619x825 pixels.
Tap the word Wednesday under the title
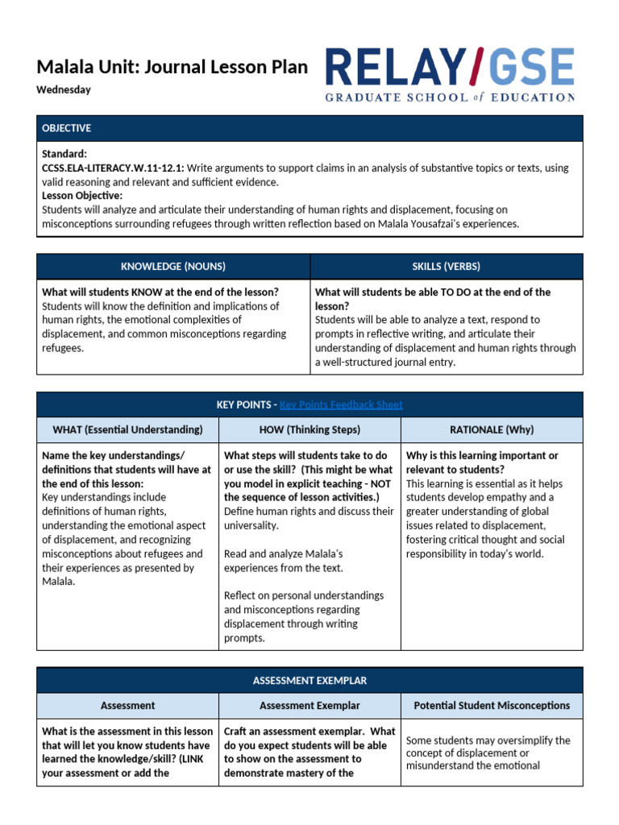[64, 90]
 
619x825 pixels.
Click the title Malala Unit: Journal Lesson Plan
[172, 67]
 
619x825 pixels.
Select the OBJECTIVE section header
[67, 128]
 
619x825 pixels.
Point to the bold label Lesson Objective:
[82, 196]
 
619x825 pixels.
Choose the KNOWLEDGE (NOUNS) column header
[173, 267]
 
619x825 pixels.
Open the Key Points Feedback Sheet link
[341, 404]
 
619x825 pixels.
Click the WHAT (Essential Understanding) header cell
[127, 429]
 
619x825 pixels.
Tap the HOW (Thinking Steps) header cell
[309, 429]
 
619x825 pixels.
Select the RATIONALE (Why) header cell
[492, 429]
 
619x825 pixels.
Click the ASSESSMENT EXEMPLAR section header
[309, 681]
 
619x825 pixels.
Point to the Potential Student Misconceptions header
[492, 706]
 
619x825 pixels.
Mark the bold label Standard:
[64, 153]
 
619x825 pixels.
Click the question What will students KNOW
[160, 292]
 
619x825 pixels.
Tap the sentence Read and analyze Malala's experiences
[284, 561]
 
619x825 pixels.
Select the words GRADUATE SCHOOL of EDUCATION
[450, 97]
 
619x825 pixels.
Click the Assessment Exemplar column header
[309, 706]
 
